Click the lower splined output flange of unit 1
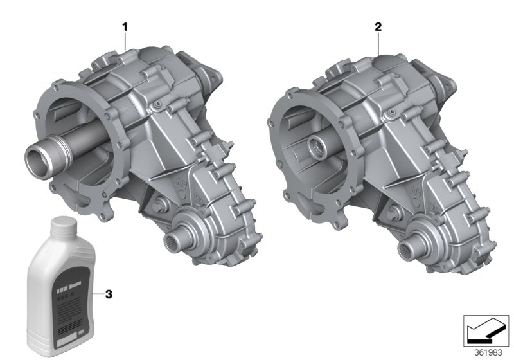coord(178,240)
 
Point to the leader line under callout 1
coord(125,41)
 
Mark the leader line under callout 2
coord(378,42)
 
